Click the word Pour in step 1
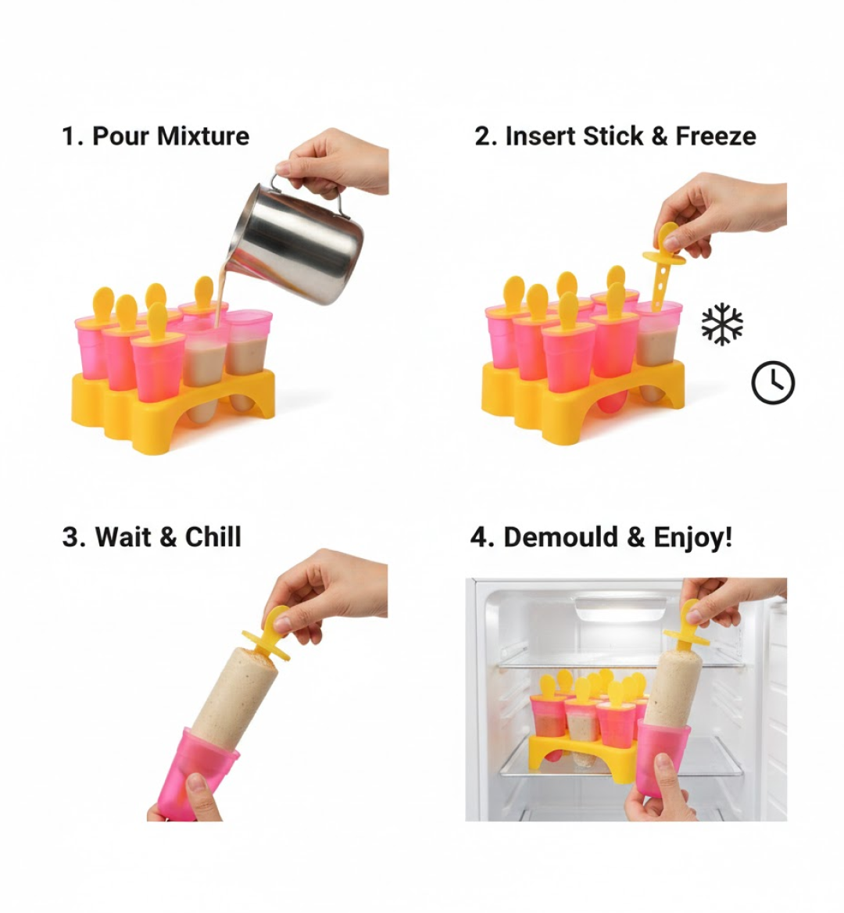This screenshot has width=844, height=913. click(121, 136)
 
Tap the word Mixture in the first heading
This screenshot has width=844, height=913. click(203, 136)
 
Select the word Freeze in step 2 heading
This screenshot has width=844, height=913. click(715, 136)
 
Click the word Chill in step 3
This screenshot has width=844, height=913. click(213, 538)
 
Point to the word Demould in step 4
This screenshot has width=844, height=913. click(563, 538)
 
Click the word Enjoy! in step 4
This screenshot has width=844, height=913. click(692, 538)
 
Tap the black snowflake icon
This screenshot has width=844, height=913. click(722, 324)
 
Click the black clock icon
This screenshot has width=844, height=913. click(772, 383)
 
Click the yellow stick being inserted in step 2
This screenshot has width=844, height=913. click(663, 266)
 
